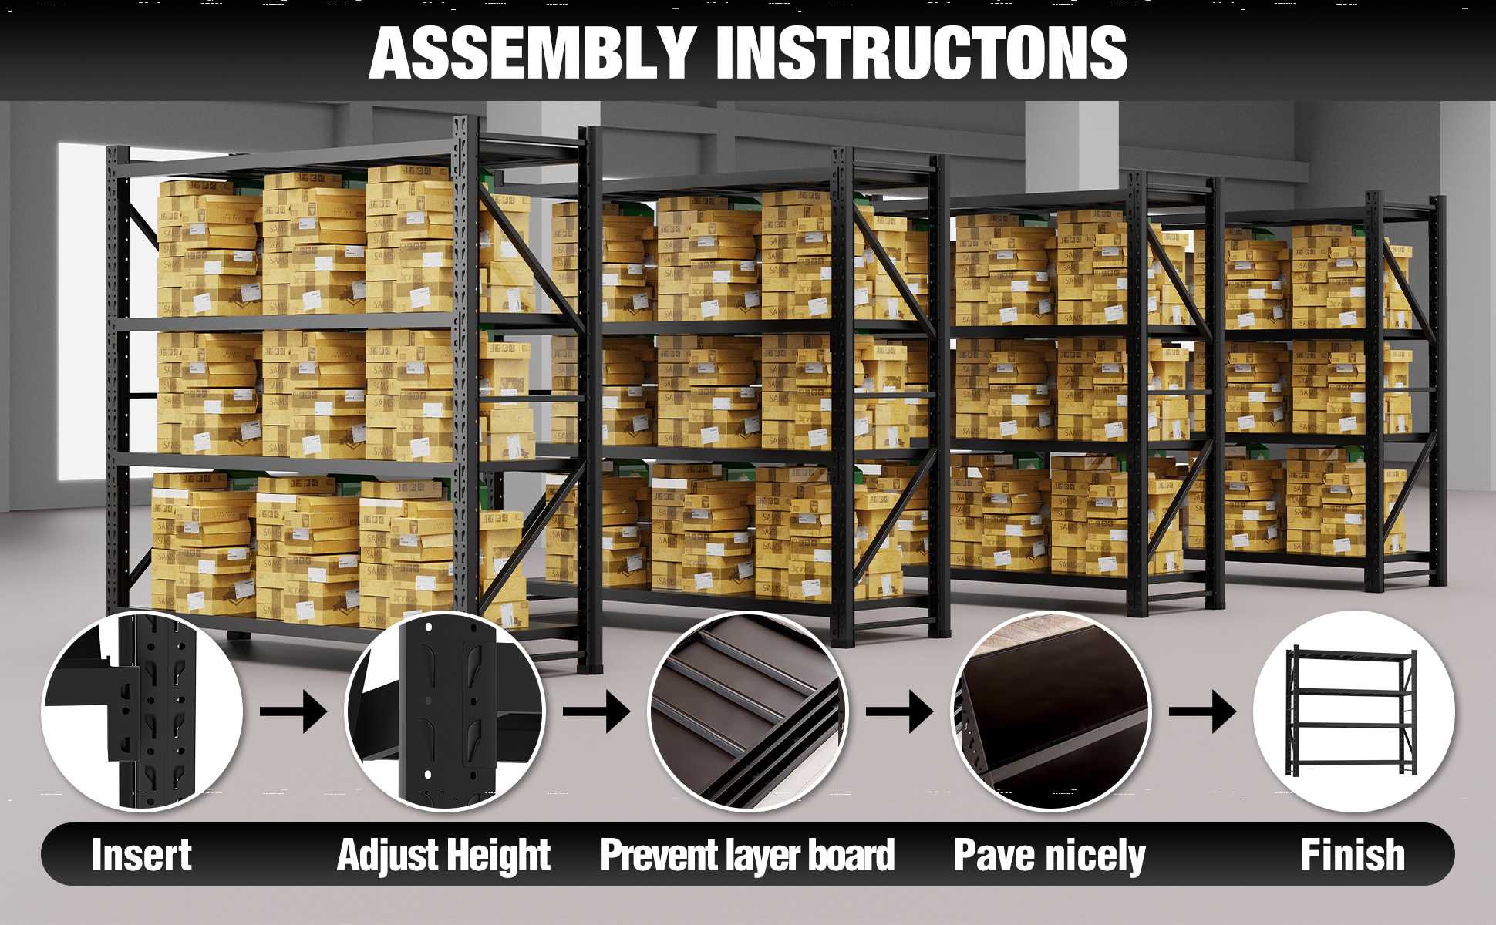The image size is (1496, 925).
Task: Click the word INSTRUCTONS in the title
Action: pyautogui.click(x=922, y=52)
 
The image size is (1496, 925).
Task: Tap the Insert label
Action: pyautogui.click(x=141, y=855)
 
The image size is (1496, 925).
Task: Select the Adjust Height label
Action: pyautogui.click(x=444, y=856)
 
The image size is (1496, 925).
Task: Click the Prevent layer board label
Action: pyautogui.click(x=748, y=856)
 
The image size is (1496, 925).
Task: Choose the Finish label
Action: pyautogui.click(x=1353, y=855)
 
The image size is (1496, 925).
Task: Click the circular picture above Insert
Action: pyautogui.click(x=142, y=711)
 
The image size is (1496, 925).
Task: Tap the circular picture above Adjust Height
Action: pyautogui.click(x=445, y=711)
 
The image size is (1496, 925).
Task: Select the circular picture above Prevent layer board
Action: pyautogui.click(x=748, y=711)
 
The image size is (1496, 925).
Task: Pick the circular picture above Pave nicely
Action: pyautogui.click(x=1051, y=711)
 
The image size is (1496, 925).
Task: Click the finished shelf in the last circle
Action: pyautogui.click(x=1351, y=711)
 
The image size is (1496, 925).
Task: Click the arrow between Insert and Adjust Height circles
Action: pyautogui.click(x=294, y=711)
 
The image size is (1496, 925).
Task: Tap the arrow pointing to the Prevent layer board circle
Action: pyautogui.click(x=597, y=711)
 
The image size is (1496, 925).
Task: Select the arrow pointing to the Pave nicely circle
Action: pyautogui.click(x=900, y=711)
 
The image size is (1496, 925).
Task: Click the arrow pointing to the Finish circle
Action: pyautogui.click(x=1203, y=711)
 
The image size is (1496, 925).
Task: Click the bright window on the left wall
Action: pyautogui.click(x=83, y=308)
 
